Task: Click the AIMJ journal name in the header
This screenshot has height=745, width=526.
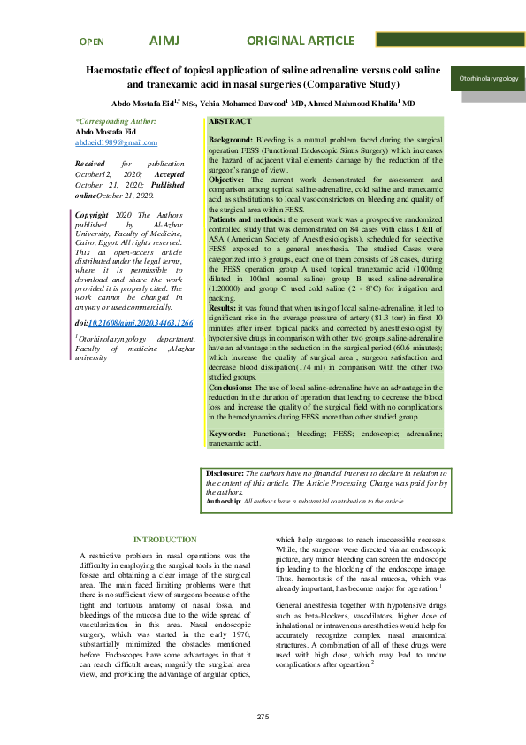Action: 164,42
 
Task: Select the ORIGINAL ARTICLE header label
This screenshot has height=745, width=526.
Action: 299,42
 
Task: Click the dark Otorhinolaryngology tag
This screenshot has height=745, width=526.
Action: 488,79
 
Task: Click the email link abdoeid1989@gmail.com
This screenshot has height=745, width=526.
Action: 117,142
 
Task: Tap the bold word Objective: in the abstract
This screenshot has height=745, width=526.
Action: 226,180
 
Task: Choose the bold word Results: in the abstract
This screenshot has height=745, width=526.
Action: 223,307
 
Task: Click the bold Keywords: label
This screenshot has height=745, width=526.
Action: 228,433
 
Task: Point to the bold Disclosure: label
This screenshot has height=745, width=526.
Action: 224,474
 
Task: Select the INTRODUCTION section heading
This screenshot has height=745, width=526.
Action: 164,540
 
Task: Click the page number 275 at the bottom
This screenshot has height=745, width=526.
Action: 263,716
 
